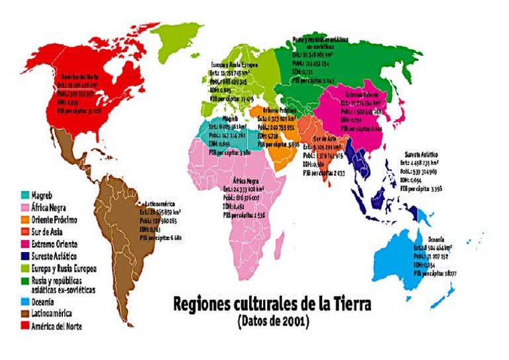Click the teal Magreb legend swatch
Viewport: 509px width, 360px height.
(25, 196)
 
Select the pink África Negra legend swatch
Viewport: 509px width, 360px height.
(25, 208)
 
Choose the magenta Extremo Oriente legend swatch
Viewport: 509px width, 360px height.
(25, 244)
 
